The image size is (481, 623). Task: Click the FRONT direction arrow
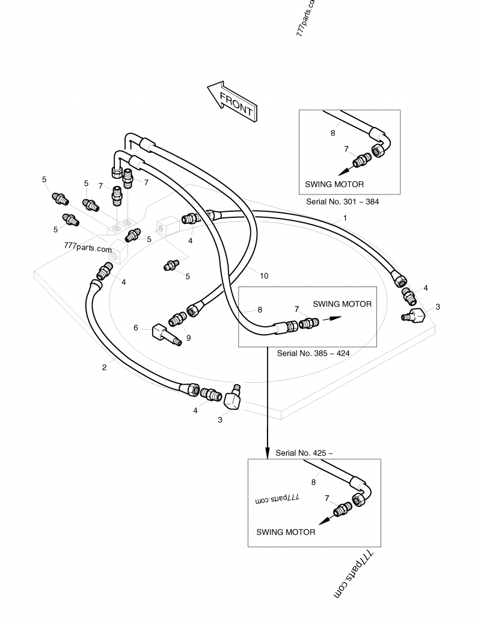pos(233,101)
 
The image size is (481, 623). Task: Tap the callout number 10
pos(264,276)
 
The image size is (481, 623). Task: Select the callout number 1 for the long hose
pos(345,218)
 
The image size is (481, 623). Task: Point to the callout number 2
pos(104,368)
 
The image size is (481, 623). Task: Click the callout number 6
pos(136,328)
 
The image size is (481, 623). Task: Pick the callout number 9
pos(189,338)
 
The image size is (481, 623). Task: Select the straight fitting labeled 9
pos(178,319)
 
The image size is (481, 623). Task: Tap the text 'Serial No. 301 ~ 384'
pos(343,202)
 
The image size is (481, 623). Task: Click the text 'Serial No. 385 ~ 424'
pos(313,353)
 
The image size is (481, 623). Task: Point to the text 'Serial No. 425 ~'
pos(304,453)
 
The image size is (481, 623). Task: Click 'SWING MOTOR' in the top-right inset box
pos(334,184)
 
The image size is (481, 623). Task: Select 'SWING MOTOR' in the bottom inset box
pos(286,532)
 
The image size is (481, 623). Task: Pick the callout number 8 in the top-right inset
pos(333,133)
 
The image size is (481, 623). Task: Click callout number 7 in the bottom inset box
pos(327,498)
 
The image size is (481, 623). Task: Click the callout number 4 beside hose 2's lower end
pos(195,411)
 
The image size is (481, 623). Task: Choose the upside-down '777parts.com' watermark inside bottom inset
pos(277,498)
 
